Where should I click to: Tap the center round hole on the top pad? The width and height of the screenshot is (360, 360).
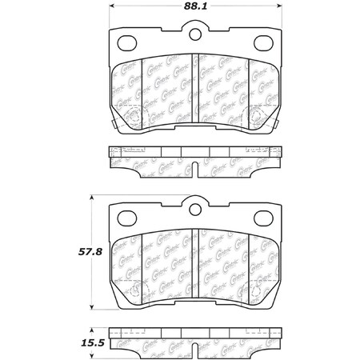point(195,34)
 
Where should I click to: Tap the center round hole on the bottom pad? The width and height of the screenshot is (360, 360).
point(195,210)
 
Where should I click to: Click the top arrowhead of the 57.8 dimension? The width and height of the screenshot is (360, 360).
point(95,196)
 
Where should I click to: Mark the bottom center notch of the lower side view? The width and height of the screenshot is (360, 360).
point(196,346)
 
